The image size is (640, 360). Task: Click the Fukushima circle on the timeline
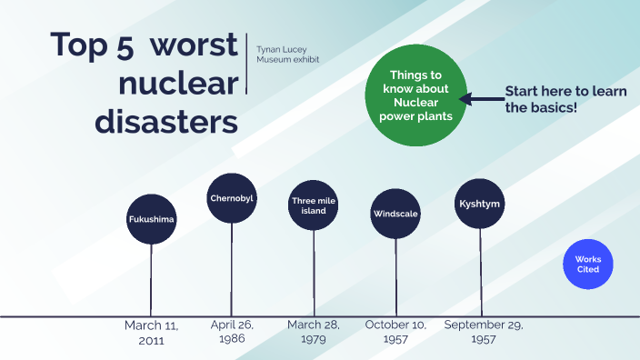pos(151,219)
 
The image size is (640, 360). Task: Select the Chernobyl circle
pos(232,197)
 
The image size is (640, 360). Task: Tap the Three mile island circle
pos(314,205)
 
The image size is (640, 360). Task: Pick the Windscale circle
pos(395,215)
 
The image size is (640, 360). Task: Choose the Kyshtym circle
pos(480,204)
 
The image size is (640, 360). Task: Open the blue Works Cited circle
pos(588,265)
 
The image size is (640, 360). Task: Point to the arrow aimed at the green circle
pos(480,99)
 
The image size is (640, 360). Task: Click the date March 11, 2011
pos(151,332)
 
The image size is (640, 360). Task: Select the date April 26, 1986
pos(232,332)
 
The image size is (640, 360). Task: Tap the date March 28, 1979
pos(314,332)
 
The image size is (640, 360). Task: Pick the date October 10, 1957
pos(395,332)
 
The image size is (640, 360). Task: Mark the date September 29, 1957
pos(484,332)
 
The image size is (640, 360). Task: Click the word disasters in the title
pos(167,121)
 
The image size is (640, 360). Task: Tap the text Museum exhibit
pos(287,60)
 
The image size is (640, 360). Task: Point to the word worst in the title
pos(196,45)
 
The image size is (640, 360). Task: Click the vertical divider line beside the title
pos(246,64)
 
